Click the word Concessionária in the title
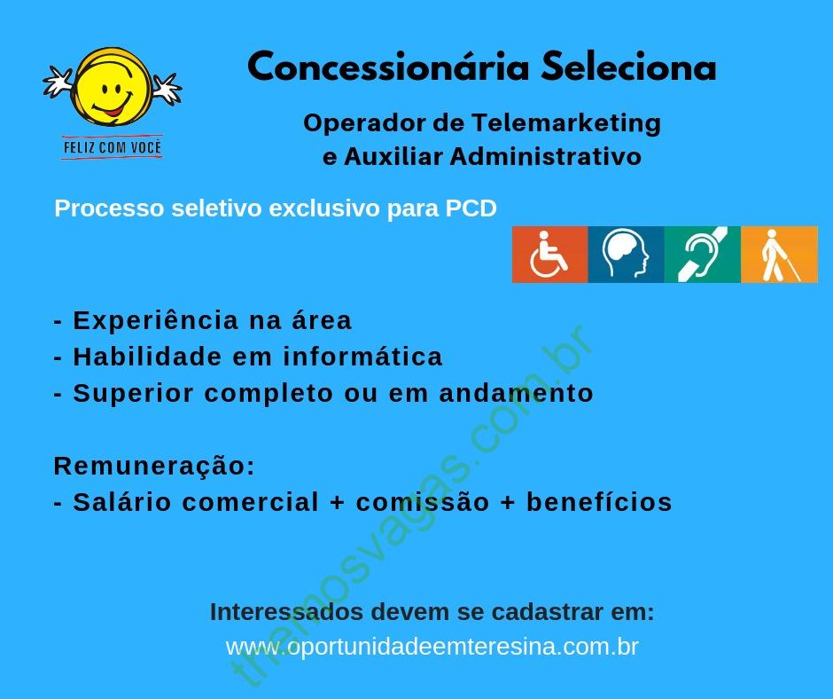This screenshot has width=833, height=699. coord(388,67)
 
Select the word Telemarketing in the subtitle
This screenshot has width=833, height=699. coord(566,123)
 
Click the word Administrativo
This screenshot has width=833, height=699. coord(546,156)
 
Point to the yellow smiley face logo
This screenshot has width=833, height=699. coord(112,87)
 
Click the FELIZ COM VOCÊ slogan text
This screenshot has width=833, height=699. coord(112,147)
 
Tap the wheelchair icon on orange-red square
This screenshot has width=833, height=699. coord(549,255)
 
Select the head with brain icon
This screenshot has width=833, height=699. coord(626,255)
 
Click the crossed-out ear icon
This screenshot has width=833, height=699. coord(703,255)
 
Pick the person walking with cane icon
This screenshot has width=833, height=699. coord(779,255)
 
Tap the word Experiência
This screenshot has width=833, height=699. coord(156,321)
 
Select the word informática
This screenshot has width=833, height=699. coord(362,357)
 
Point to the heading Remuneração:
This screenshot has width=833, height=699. coord(154,467)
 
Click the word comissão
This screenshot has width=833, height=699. coord(423,502)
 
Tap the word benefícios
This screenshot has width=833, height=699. coord(599,502)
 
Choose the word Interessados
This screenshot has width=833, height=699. coord(286,612)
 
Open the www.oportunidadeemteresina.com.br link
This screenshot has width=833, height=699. coord(432,647)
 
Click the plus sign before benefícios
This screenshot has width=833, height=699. coord(509,503)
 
